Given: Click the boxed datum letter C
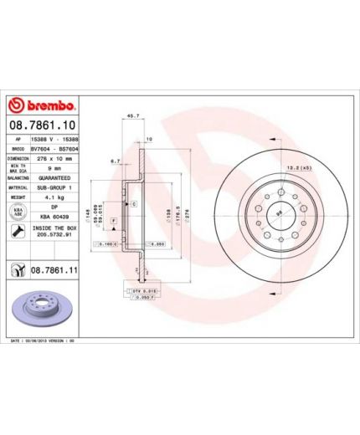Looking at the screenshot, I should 132,203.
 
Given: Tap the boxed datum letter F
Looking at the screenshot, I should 113,218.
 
